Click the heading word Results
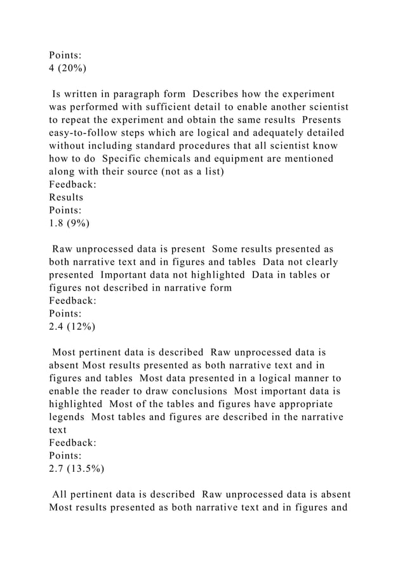point(66,197)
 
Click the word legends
point(67,418)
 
